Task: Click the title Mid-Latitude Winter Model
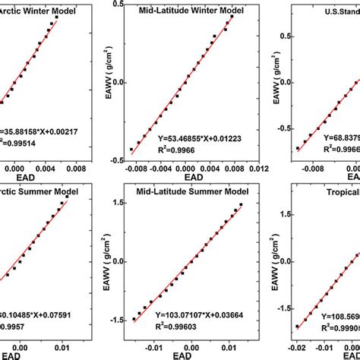coord(177,14)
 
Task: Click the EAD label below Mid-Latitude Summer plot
coord(180,354)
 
